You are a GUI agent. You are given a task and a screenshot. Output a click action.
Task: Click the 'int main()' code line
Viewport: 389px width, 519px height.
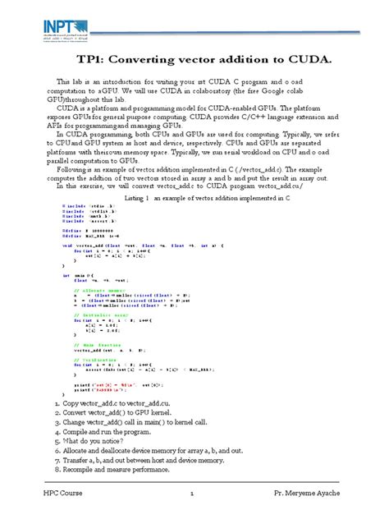(x=79, y=275)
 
